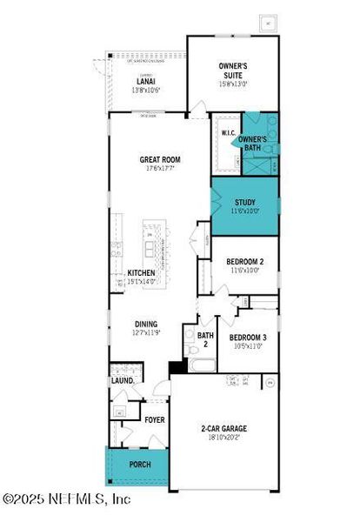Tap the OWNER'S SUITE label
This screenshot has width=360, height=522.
(x=233, y=70)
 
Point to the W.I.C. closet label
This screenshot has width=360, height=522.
(x=228, y=133)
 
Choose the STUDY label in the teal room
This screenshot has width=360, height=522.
(x=244, y=202)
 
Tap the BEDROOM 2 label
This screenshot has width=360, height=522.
(x=245, y=261)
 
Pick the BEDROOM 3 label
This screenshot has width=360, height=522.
(x=248, y=337)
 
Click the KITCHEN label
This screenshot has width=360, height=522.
(x=142, y=272)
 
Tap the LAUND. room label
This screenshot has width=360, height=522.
(x=122, y=381)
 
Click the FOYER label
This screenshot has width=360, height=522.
(x=154, y=418)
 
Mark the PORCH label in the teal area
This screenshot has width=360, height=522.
(x=140, y=465)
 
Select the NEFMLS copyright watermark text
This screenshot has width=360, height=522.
(x=67, y=499)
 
